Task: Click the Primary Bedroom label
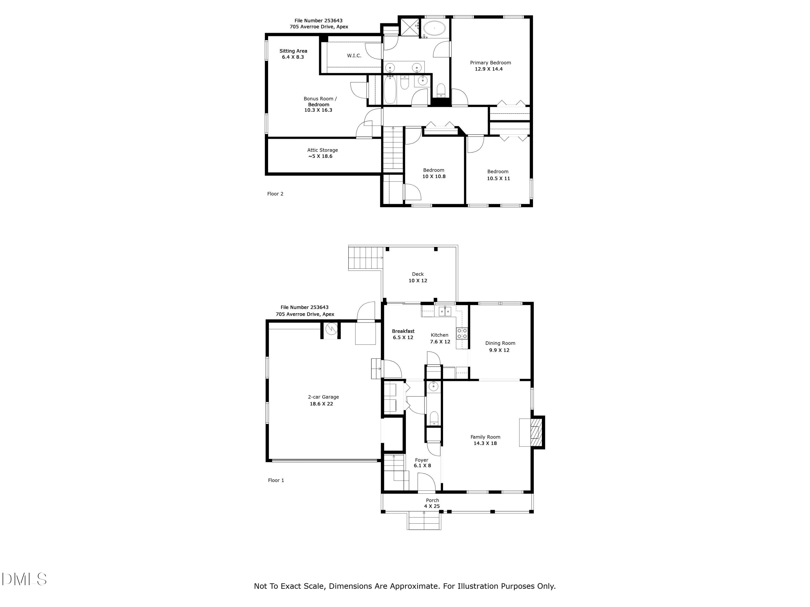tap(490, 63)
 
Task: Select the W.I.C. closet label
tap(354, 56)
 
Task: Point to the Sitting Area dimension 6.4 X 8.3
tap(293, 57)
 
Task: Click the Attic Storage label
tap(322, 150)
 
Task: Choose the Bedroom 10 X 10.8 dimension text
tap(434, 176)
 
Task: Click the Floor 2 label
tap(275, 194)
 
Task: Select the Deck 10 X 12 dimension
tap(418, 281)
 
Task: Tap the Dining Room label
tap(500, 343)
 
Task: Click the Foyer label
tap(421, 460)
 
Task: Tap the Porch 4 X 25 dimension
tap(432, 506)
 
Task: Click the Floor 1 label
tap(276, 480)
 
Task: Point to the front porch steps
tap(424, 522)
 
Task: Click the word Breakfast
tap(403, 331)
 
